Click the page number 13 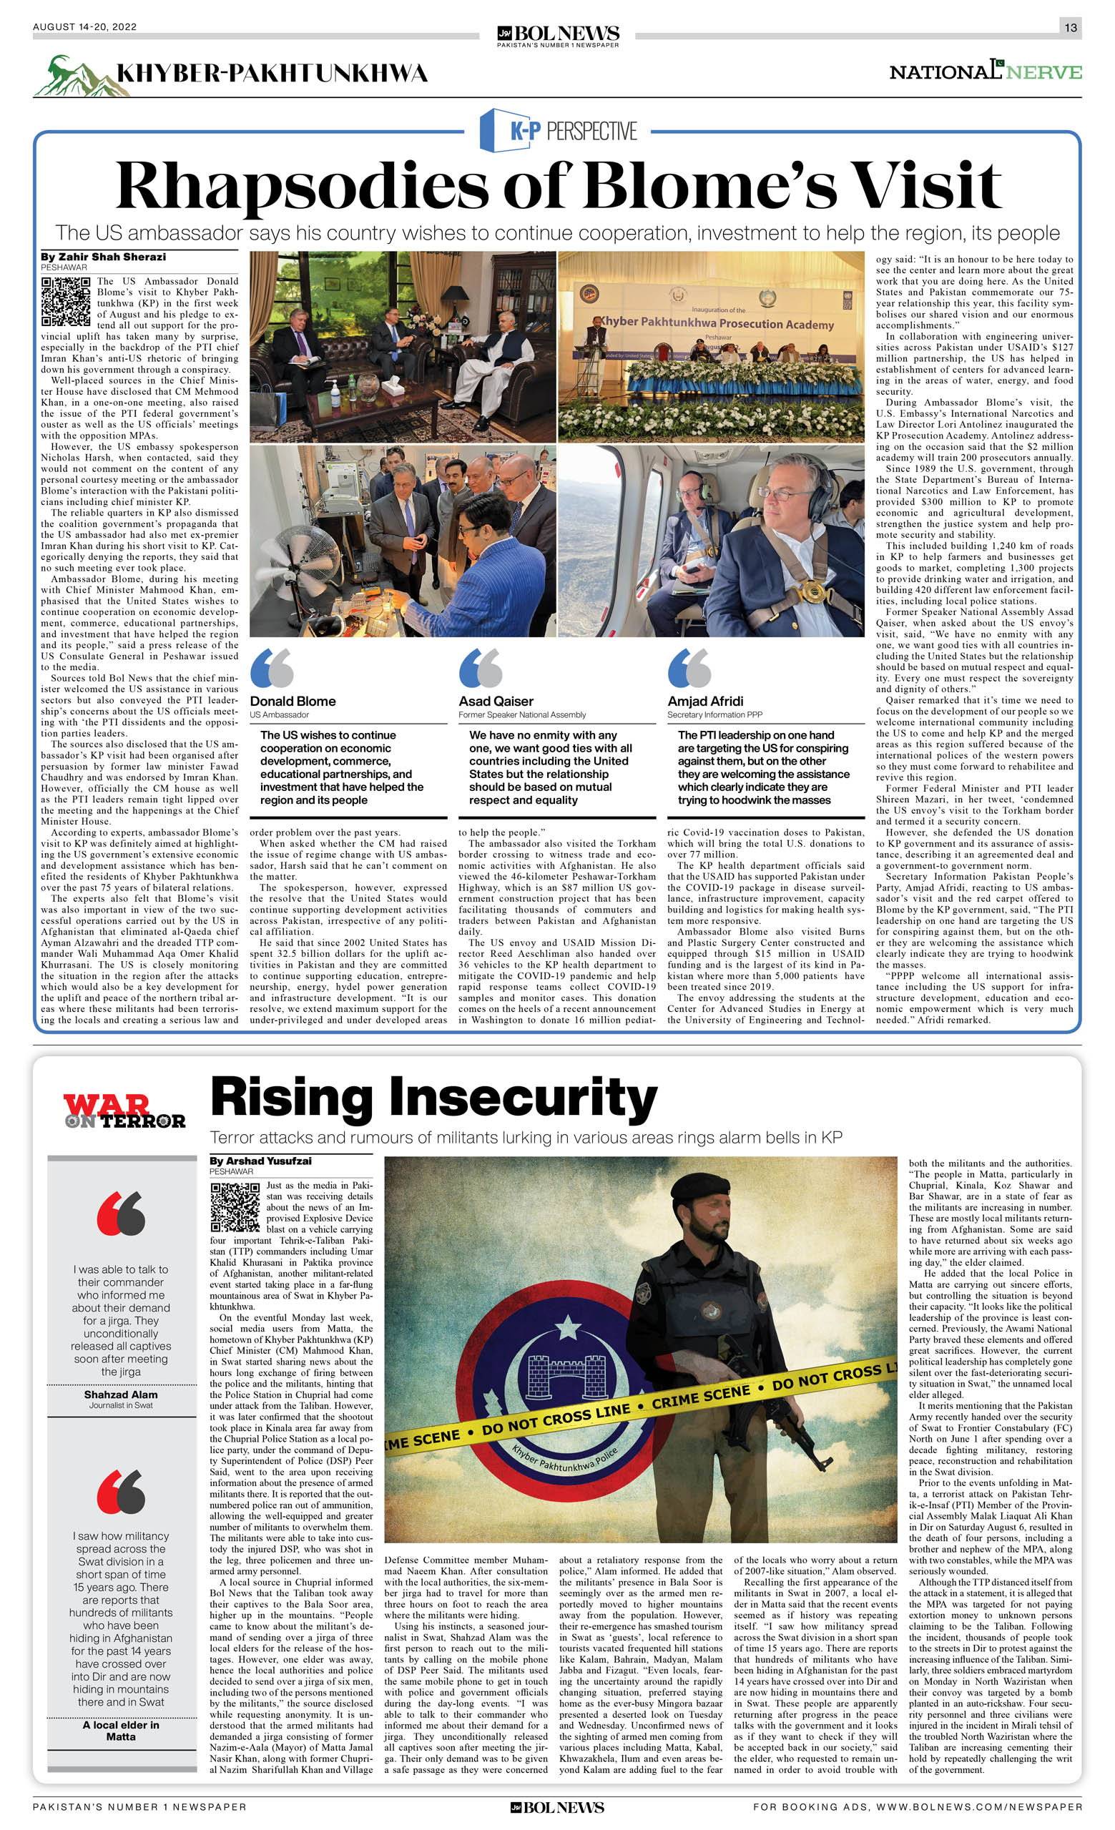pyautogui.click(x=1070, y=27)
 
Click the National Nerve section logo pyautogui.click(x=985, y=72)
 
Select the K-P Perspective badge pyautogui.click(x=559, y=131)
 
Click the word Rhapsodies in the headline pyautogui.click(x=300, y=186)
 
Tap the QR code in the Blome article pyautogui.click(x=66, y=302)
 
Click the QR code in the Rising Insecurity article pyautogui.click(x=235, y=1207)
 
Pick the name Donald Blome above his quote pyautogui.click(x=293, y=701)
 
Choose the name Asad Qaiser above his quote pyautogui.click(x=496, y=701)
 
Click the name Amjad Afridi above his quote pyautogui.click(x=705, y=701)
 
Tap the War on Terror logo pyautogui.click(x=123, y=1111)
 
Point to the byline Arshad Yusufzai pyautogui.click(x=260, y=1161)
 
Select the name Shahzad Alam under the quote pyautogui.click(x=120, y=1394)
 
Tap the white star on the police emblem pyautogui.click(x=568, y=1324)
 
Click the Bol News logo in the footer pyautogui.click(x=557, y=1807)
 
